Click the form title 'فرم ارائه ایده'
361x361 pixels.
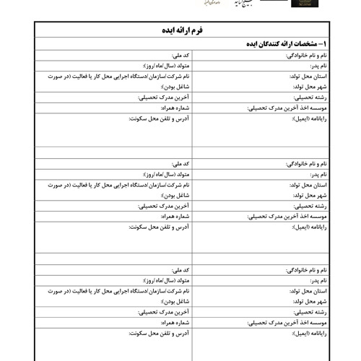180,31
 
